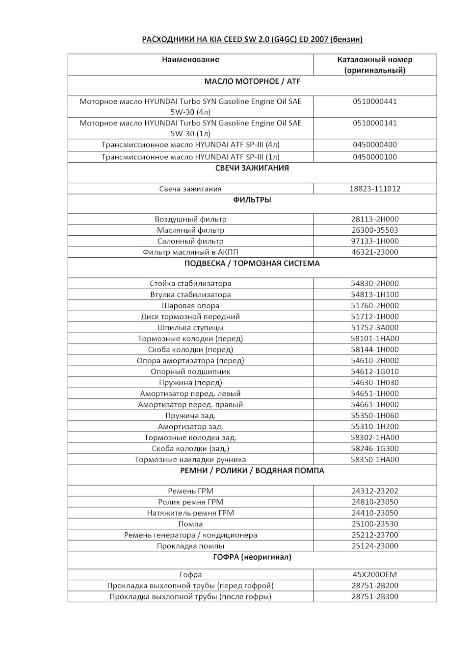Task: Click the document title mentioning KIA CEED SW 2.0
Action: pos(252,39)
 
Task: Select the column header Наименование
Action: pos(190,60)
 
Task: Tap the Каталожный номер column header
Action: pos(375,65)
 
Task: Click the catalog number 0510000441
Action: pos(375,101)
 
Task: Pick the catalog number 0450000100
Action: pos(375,157)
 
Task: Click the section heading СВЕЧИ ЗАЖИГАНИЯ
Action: pos(252,168)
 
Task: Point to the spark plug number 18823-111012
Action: pos(375,189)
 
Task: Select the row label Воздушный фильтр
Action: pos(190,219)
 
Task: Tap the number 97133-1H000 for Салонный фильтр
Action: pos(375,241)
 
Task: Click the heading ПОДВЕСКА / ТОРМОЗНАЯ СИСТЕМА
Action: pos(252,263)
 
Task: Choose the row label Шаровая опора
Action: pos(190,305)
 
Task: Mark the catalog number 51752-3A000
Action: pos(375,327)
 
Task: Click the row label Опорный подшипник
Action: pos(190,371)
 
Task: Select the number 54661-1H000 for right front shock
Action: pos(375,404)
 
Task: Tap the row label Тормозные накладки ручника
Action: pos(190,460)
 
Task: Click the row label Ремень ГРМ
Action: pos(190,491)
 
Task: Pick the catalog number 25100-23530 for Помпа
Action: pos(375,524)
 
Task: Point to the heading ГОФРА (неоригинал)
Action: pos(252,557)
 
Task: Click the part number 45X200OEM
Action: pos(375,574)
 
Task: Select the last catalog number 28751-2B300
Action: pos(375,596)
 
